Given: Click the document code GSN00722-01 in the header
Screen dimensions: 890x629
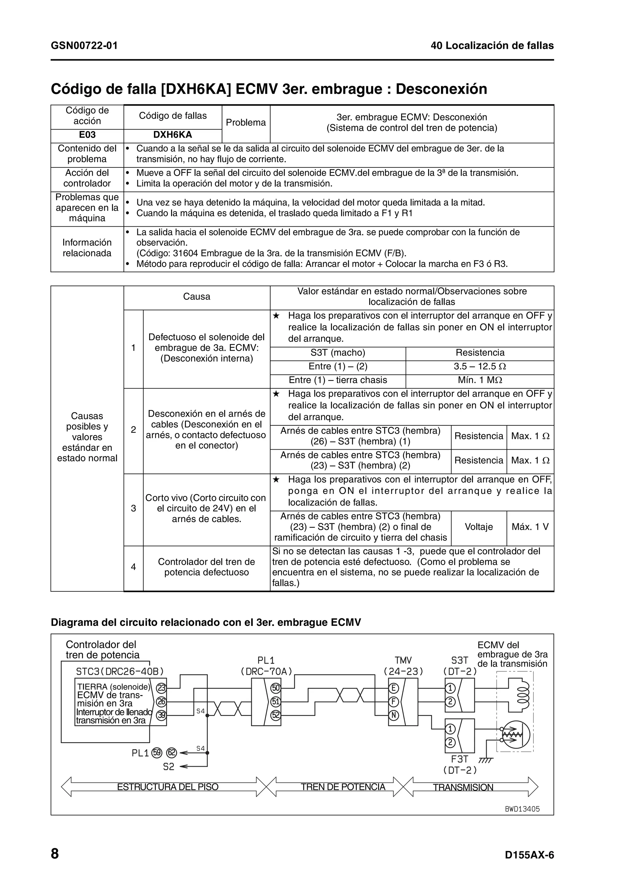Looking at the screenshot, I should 84,46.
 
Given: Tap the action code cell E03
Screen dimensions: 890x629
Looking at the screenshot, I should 87,135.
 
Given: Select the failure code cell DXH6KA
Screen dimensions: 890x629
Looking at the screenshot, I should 173,135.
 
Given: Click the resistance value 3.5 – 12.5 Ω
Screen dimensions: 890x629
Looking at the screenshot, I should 479,366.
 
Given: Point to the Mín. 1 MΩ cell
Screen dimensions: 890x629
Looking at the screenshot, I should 479,380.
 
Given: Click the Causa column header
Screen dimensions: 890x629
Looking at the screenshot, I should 197,297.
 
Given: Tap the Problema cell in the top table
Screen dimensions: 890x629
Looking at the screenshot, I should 246,123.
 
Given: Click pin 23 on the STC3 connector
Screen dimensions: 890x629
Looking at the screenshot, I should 161,688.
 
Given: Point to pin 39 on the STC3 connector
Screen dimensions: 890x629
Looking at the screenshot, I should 161,715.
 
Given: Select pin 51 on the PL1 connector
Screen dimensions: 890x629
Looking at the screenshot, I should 275,702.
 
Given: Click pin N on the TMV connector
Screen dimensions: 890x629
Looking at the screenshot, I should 393,715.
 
